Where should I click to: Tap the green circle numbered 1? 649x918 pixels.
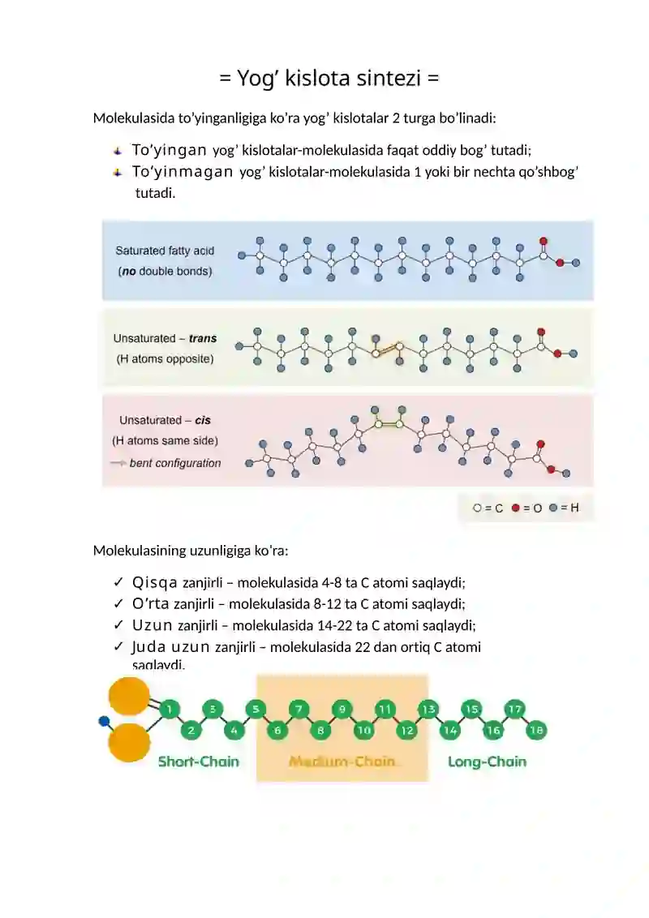point(170,710)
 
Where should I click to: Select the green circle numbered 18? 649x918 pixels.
point(536,730)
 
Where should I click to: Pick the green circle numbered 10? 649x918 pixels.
point(363,730)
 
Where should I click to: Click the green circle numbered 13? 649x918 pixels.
point(428,710)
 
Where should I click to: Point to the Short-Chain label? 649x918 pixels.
point(199,761)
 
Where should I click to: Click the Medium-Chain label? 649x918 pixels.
point(342,761)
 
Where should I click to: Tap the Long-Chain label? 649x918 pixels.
point(487,761)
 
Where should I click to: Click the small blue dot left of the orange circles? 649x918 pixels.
point(105,721)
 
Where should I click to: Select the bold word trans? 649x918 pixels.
point(203,338)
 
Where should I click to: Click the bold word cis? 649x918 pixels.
point(203,420)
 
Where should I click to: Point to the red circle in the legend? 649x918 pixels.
point(515,508)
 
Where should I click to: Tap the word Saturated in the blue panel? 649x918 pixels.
point(140,251)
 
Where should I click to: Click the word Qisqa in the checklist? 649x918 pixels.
point(155,582)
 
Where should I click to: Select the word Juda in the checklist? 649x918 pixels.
point(149,647)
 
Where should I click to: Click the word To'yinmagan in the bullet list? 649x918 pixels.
point(183,172)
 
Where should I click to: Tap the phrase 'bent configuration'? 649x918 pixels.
point(175,463)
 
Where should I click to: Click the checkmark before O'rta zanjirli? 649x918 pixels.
point(118,603)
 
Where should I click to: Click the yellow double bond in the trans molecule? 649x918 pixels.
point(387,350)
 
